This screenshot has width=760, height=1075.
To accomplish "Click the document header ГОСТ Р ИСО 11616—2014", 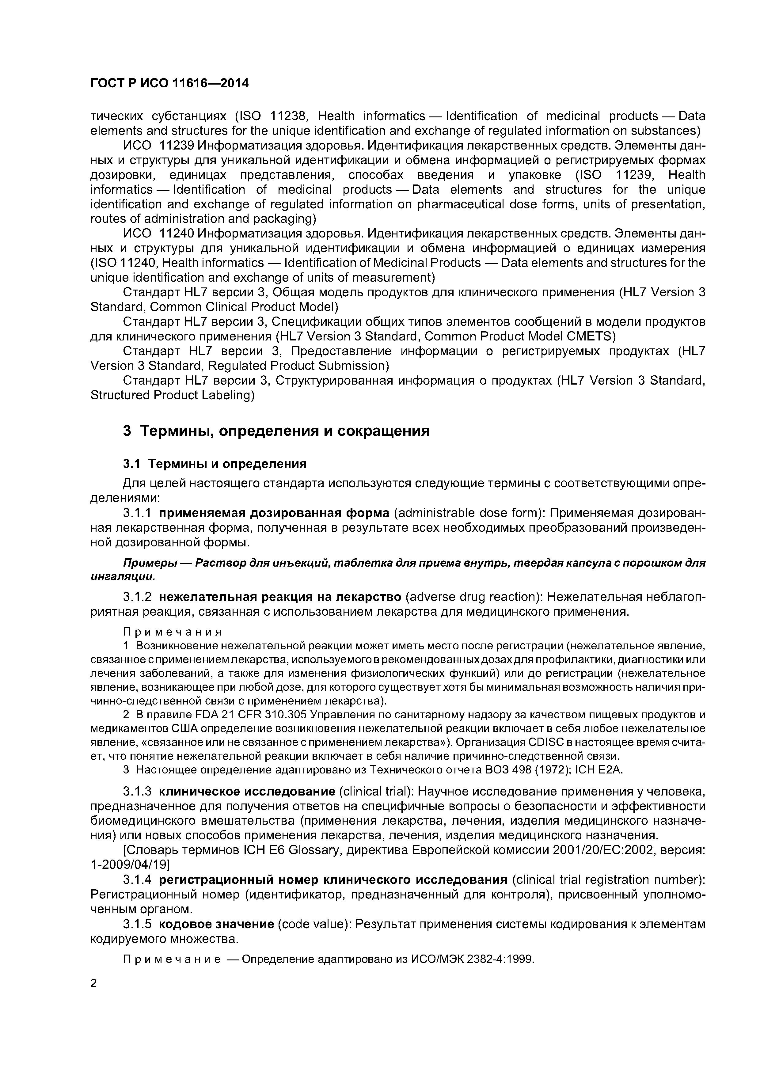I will pos(169,83).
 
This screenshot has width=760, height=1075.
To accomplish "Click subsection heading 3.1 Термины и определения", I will pos(215,464).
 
